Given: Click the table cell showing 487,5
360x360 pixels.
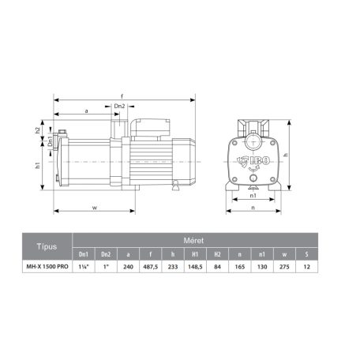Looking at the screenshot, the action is coord(151,267).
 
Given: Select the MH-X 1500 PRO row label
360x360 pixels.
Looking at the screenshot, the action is coord(47,267).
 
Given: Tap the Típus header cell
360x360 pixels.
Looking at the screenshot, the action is coord(47,246).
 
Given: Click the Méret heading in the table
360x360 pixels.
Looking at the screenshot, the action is coord(193,240).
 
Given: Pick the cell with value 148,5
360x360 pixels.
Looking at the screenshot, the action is coord(195,267).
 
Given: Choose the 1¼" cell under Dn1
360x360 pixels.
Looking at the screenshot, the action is coord(84,267).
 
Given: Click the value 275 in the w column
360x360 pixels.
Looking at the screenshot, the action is coord(284,267).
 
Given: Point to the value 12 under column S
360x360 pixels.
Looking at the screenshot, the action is coord(306,267).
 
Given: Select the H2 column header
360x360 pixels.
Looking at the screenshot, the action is coord(217,254).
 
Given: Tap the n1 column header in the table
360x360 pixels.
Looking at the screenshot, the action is coord(262,254).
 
